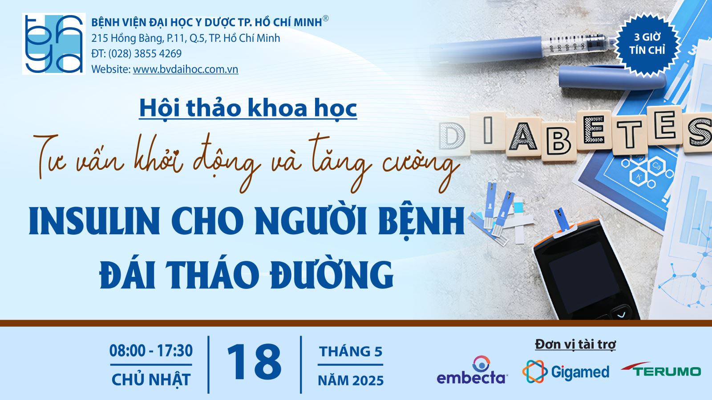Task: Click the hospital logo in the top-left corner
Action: coord(54,44)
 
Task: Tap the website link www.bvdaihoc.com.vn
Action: coord(186,69)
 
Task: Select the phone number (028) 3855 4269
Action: coord(145,54)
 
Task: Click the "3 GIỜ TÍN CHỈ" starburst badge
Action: coord(647,44)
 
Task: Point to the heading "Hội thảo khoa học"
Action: coord(248,108)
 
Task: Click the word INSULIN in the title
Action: coord(95,220)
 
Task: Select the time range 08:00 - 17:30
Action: coord(151,351)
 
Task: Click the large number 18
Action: coord(254,362)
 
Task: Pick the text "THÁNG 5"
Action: coord(351,352)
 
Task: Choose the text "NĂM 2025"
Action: coord(351,380)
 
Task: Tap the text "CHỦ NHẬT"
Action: coord(151,380)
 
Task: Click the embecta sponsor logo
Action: coord(472,370)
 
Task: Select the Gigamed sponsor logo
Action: coord(566,372)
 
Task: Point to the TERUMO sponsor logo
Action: coord(661,369)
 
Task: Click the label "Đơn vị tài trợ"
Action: coord(575,344)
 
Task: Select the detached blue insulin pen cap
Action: coord(612,77)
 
